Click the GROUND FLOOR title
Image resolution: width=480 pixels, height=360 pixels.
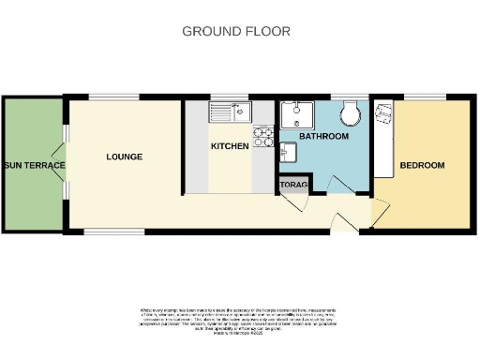(x=235, y=31)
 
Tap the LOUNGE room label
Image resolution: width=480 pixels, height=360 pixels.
(x=124, y=157)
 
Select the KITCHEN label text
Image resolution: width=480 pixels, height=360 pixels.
(x=230, y=146)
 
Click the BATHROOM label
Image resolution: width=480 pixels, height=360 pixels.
(x=323, y=137)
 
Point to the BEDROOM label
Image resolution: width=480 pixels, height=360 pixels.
(x=422, y=166)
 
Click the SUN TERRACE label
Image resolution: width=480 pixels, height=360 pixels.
(x=34, y=166)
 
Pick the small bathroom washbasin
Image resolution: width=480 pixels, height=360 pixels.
(x=286, y=157)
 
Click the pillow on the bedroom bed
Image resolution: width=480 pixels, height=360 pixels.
(x=384, y=115)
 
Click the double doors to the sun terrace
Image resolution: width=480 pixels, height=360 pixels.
(x=65, y=165)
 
